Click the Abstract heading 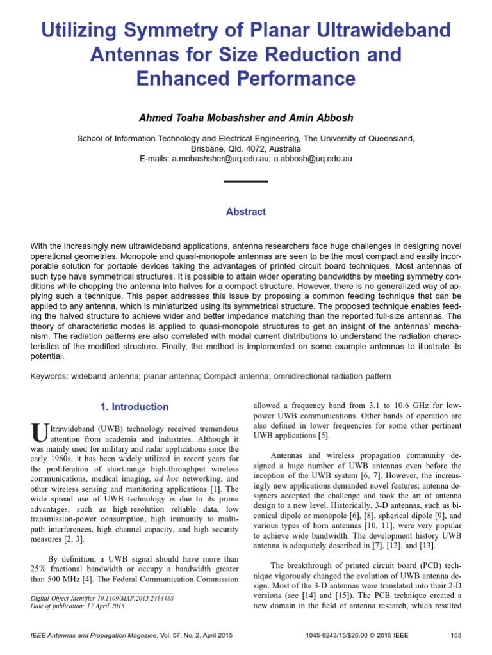coord(246,212)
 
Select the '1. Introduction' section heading coord(135,407)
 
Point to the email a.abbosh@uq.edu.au coord(313,159)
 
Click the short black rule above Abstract coord(246,182)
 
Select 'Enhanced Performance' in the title coord(246,78)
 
